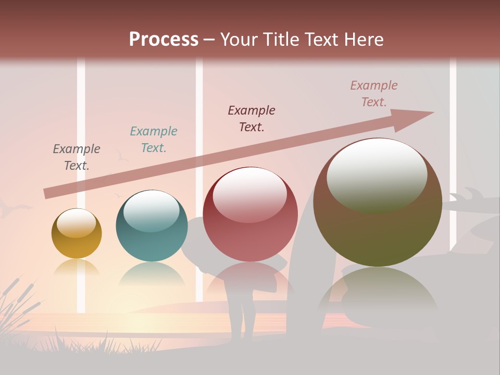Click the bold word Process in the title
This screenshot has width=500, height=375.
click(164, 40)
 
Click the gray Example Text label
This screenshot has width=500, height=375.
click(77, 157)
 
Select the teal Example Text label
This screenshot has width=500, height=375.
click(154, 140)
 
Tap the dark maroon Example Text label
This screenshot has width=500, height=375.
click(252, 119)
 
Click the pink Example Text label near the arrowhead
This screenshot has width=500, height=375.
click(374, 94)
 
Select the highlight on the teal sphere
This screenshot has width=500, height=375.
click(151, 211)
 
